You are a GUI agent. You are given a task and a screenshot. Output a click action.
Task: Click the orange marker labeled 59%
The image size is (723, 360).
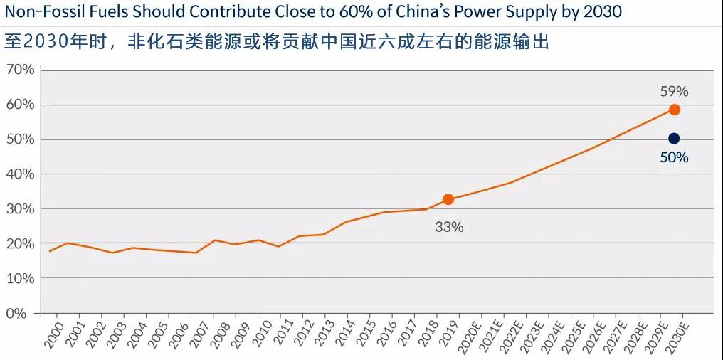point(674,110)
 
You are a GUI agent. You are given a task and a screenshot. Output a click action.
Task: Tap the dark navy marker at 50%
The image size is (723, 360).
point(674,139)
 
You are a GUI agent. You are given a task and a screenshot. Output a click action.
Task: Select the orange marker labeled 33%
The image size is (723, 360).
point(448,200)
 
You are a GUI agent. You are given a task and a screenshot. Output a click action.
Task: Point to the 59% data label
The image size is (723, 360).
point(674,91)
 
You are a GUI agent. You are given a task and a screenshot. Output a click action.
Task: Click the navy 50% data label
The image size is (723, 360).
point(674,158)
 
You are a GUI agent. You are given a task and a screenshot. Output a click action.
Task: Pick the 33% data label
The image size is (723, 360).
point(449,227)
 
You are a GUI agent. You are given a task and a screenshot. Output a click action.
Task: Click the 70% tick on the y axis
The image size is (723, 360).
point(20,70)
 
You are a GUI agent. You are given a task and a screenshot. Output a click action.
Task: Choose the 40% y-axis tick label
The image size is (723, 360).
point(20,174)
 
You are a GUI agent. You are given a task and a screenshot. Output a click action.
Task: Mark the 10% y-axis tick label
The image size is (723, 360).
point(20,278)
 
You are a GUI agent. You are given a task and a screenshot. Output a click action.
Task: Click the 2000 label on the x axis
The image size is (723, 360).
point(53,335)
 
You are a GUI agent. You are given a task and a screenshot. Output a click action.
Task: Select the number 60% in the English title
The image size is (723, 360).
point(371,13)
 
